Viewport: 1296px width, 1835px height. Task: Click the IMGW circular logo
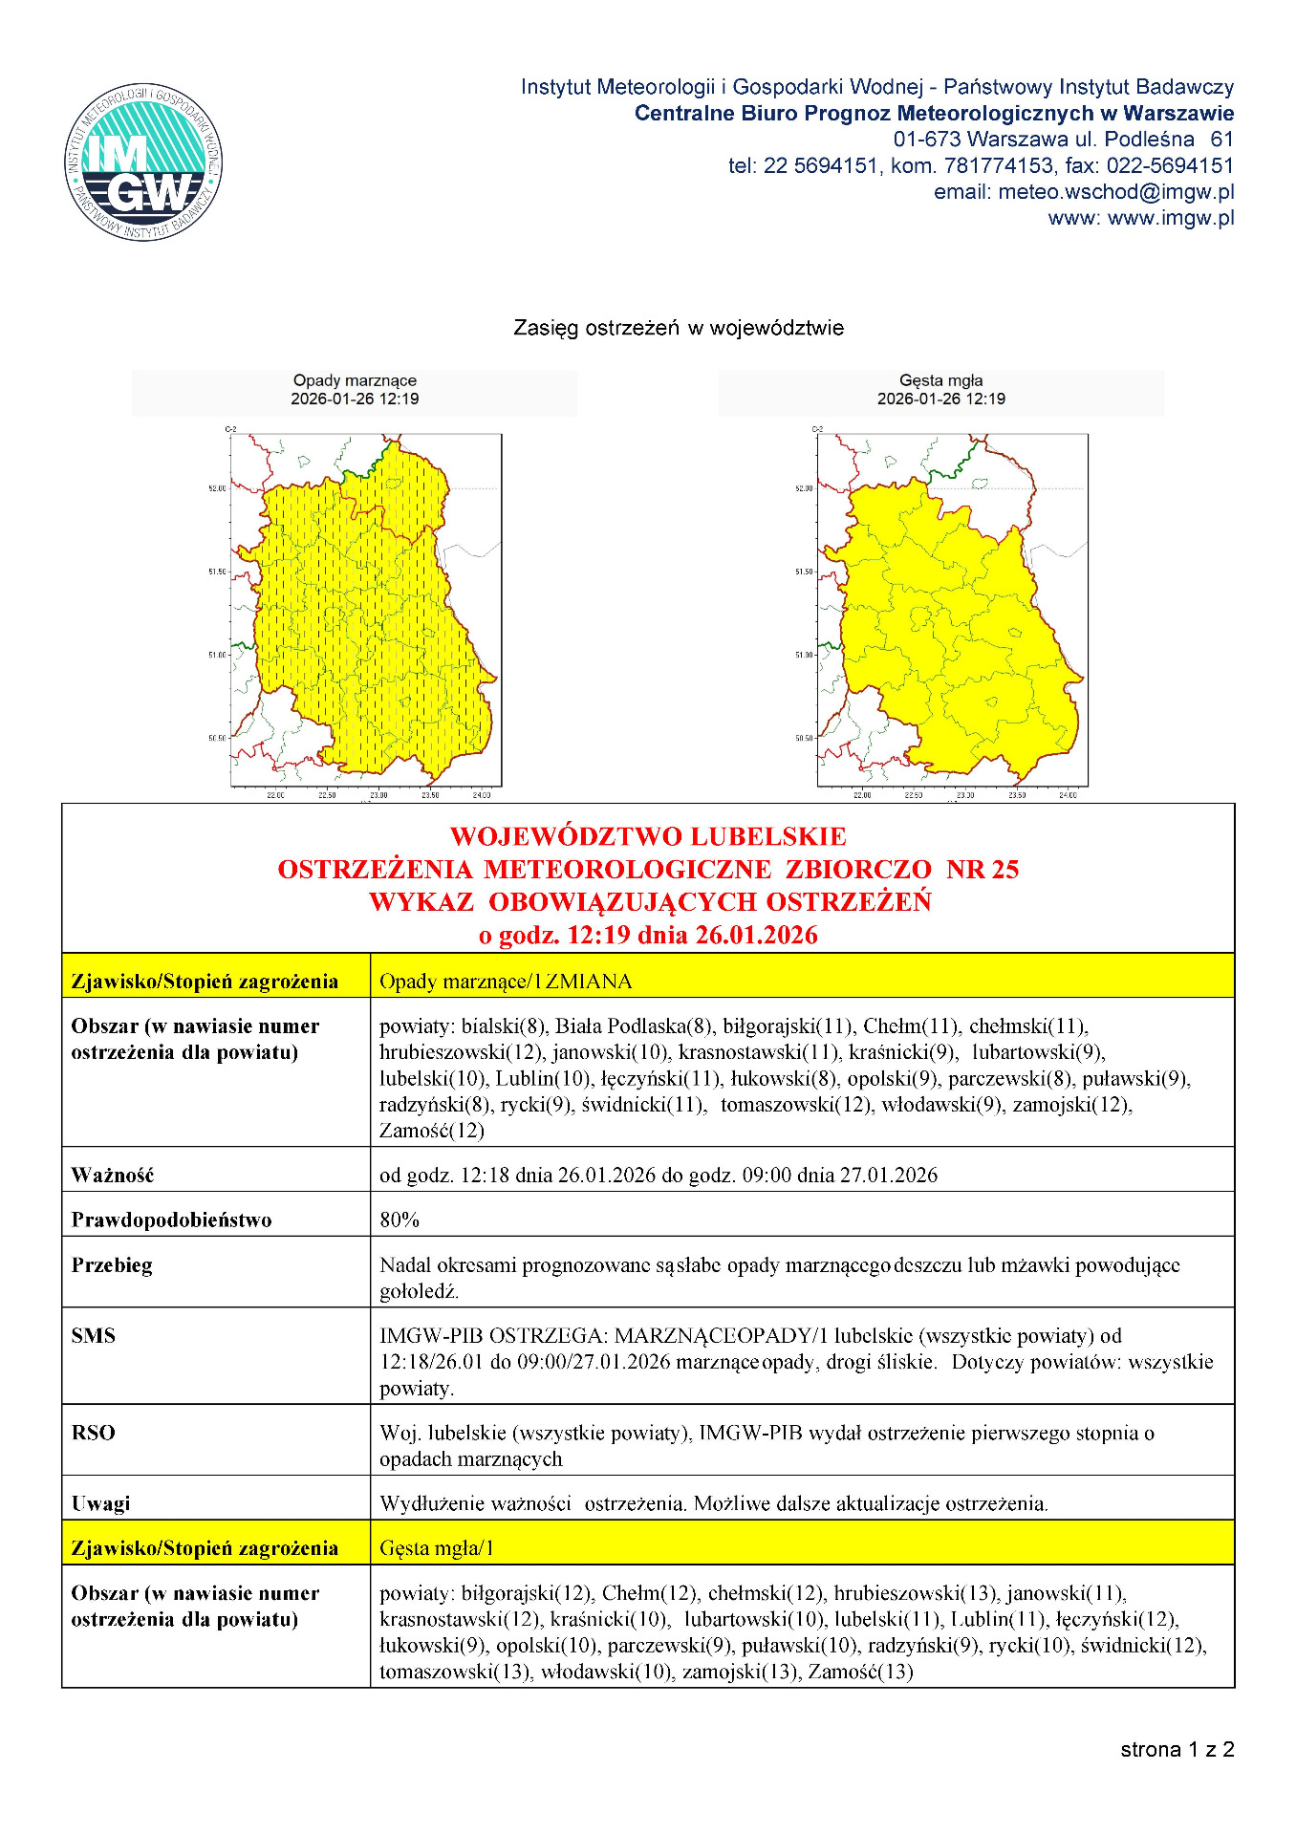coord(143,162)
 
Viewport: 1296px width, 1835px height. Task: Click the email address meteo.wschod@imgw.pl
coord(1115,192)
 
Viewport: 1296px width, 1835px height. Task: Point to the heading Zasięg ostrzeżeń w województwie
coord(679,328)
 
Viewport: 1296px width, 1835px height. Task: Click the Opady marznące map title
coord(355,380)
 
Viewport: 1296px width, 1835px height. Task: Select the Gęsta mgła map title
coord(940,380)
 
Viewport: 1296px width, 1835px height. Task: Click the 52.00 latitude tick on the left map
coord(218,488)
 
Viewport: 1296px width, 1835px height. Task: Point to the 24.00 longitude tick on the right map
coord(1068,795)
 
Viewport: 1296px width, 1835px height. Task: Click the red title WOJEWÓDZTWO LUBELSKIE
coord(648,836)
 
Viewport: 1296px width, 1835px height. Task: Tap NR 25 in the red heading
coord(983,869)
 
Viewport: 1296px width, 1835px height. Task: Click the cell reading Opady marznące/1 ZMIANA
coord(506,981)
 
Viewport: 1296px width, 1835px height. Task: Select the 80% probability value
coord(400,1220)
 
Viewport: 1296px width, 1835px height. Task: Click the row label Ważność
coord(113,1175)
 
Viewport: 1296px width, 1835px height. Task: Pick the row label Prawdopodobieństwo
coord(172,1220)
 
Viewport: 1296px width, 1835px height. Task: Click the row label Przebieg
coord(112,1264)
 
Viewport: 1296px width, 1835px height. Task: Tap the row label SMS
coord(94,1335)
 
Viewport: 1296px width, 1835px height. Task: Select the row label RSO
coord(94,1432)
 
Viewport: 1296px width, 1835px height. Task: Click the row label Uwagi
coord(100,1502)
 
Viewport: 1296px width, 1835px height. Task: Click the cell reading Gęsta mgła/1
coord(437,1547)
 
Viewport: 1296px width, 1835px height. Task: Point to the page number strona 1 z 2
coord(1177,1749)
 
